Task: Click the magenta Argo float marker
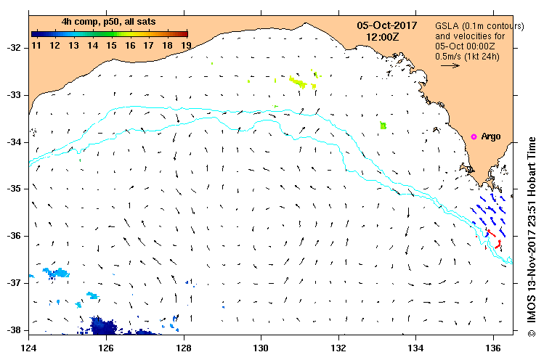474,136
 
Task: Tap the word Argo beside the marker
491,136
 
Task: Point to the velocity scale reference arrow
450,65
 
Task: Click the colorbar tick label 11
36,45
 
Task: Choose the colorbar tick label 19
186,45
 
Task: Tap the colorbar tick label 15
111,45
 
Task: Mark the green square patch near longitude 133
383,126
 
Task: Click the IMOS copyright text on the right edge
532,232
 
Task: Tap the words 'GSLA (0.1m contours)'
479,25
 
